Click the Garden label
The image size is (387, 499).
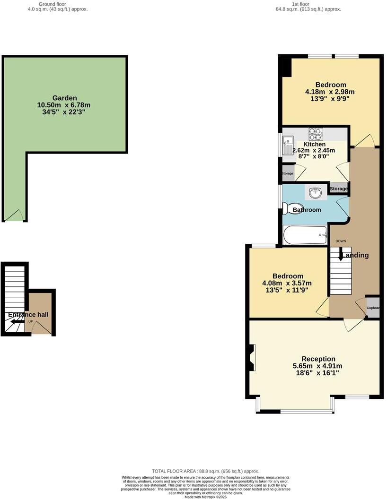pos(64,98)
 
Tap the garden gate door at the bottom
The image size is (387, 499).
pos(14,215)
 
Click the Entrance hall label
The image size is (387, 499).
pos(28,315)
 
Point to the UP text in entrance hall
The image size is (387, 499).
pos(31,322)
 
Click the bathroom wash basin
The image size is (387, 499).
pos(316,192)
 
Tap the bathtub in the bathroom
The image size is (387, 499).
pos(305,234)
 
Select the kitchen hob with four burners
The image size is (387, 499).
pos(316,134)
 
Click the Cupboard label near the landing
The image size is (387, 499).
pos(373,308)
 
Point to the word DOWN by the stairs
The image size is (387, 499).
pos(341,241)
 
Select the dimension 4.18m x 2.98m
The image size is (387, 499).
pos(330,92)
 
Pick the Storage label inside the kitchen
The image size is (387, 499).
pos(287,173)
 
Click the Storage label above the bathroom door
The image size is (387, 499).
pos(338,189)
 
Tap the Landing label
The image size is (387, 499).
pos(355,255)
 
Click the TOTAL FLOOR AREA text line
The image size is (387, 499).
pos(205,471)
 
